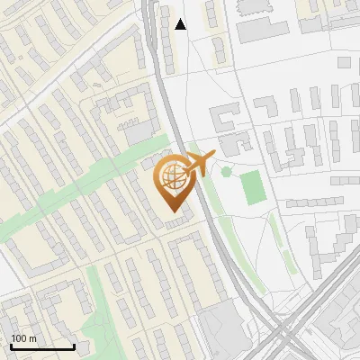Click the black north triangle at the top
pos(181,23)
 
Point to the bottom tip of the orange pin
pos(173,211)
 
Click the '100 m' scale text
pos(23,338)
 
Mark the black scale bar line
pos(42,347)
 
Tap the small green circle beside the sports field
pos(226,171)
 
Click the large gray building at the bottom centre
pos(225,328)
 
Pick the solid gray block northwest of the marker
pos(140,133)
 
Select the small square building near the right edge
pos(344,63)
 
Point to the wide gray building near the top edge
pos(262,27)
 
